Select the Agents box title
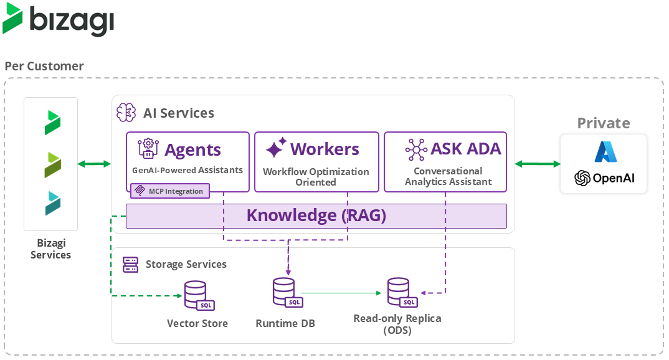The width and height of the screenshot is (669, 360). [192, 149]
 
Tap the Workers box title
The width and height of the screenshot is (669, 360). [325, 149]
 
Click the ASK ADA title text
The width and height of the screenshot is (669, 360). [465, 149]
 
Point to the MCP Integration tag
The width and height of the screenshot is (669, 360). [170, 191]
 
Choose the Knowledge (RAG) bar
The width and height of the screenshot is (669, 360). [316, 216]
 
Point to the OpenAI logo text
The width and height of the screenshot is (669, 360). [612, 178]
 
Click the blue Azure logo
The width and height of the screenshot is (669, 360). [604, 152]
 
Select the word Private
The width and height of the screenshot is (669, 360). [603, 123]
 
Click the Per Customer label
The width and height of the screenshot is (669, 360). [44, 66]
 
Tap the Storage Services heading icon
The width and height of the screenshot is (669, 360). [130, 264]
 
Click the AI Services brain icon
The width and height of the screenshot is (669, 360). [126, 113]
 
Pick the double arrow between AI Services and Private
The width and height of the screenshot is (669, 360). [538, 164]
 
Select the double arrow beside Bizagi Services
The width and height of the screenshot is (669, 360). [94, 164]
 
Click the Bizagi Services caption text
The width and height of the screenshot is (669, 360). [50, 249]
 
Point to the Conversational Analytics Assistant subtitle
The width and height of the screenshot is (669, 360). [448, 176]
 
